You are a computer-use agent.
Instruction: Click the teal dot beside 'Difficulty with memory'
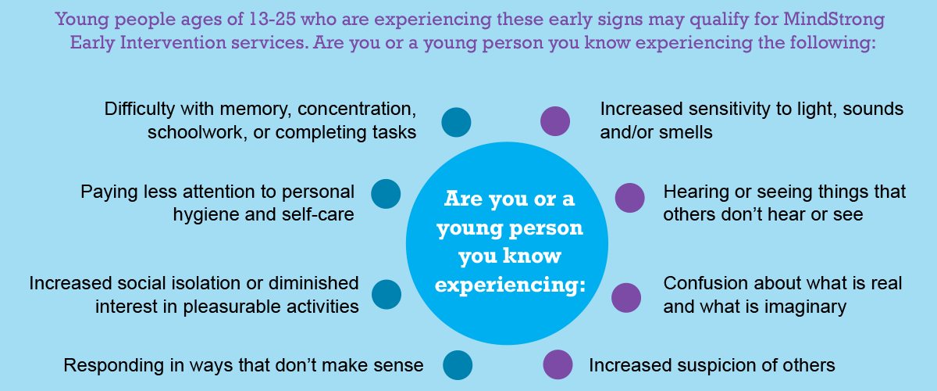pos(456,122)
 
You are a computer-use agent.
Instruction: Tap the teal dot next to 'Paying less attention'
pos(386,194)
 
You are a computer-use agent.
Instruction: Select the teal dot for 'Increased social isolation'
pos(386,294)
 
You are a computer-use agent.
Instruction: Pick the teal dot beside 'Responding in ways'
pos(458,365)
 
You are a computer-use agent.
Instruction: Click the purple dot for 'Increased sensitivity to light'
pos(555,121)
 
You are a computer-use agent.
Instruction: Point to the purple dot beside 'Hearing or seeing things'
pos(629,198)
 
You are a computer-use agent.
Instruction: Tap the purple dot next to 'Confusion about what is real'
pos(626,297)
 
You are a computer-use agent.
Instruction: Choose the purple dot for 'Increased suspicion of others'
pos(558,364)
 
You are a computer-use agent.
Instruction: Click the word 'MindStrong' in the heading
pos(834,20)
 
